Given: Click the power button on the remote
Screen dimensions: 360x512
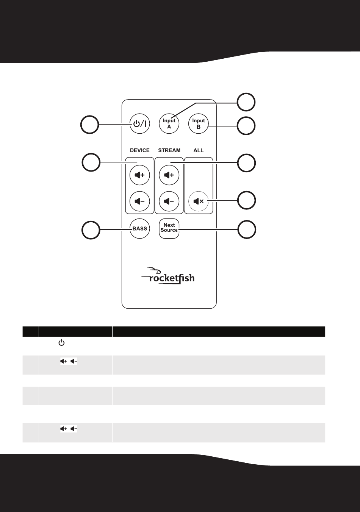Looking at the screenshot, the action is tap(139, 124).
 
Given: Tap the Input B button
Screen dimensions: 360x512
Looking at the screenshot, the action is tap(198, 124).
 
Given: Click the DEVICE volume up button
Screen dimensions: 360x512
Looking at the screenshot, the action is tap(139, 175).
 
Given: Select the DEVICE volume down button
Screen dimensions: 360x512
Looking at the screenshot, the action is tap(139, 201).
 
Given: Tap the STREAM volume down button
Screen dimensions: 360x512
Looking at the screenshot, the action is tap(169, 201).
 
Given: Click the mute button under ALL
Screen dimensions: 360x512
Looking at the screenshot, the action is tap(198, 201).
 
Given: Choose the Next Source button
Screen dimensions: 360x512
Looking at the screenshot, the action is tap(169, 229).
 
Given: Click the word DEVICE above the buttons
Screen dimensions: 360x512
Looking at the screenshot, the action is tap(139, 150).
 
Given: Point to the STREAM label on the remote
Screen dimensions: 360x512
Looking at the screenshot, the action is tap(169, 150).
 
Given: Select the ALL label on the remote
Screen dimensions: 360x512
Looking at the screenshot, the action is tap(198, 150).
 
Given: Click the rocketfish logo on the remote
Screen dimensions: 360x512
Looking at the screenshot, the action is tap(168, 276).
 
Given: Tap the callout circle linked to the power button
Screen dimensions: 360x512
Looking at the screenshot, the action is tap(89, 125).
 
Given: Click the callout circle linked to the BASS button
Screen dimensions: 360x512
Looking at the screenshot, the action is tap(91, 230).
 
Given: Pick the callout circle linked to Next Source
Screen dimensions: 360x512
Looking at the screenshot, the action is tap(247, 229).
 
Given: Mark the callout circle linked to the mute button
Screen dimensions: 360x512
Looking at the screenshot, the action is tap(246, 200).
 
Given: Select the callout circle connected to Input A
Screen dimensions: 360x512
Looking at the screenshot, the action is tap(246, 102).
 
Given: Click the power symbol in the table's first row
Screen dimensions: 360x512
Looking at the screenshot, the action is tap(61, 343).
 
